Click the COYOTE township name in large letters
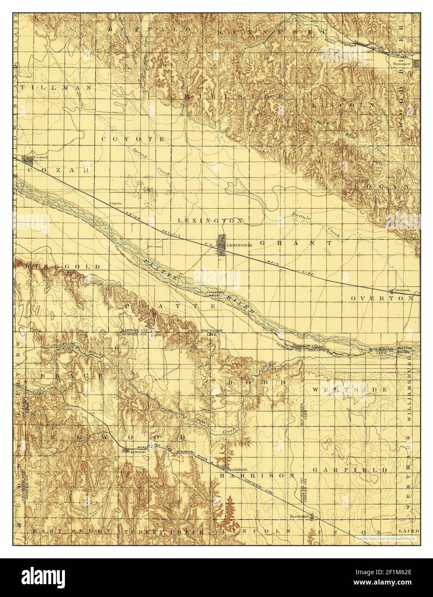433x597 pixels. [133, 140]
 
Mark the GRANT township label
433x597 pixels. [295, 243]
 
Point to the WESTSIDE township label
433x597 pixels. [350, 389]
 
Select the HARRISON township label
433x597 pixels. [257, 476]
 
